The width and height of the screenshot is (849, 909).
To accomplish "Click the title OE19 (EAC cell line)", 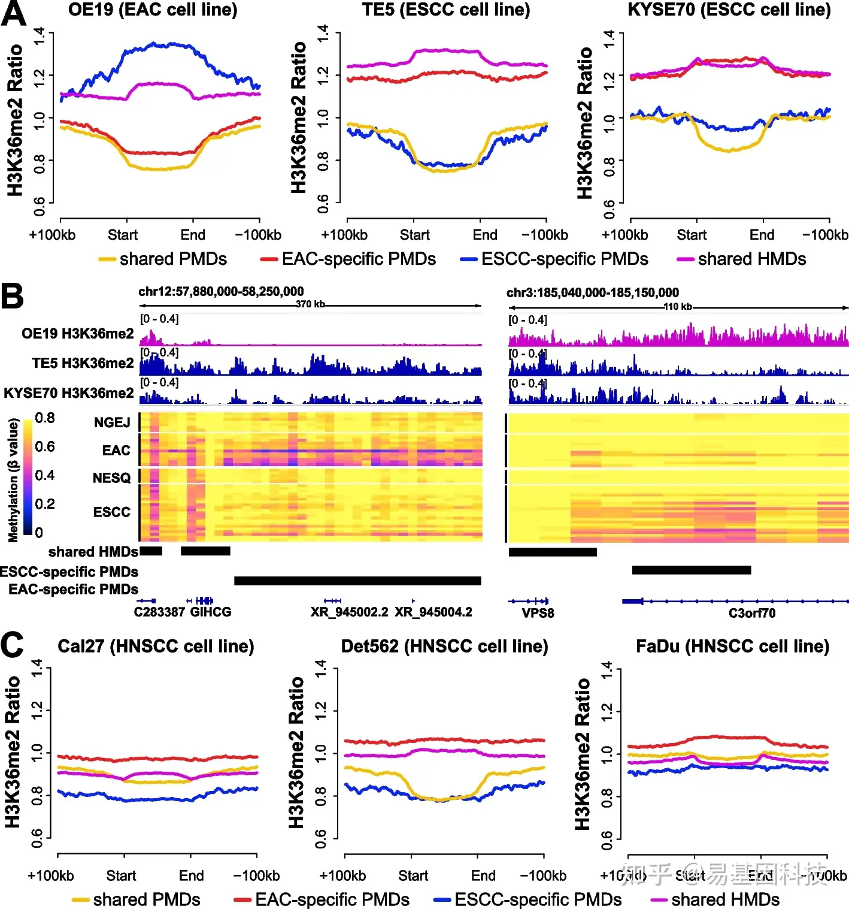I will click(153, 10).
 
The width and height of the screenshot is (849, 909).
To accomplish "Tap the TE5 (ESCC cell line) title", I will click(446, 10).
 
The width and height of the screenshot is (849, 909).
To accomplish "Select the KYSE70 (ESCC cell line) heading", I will click(729, 10).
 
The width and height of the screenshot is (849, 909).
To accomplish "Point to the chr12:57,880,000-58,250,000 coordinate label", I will click(221, 292).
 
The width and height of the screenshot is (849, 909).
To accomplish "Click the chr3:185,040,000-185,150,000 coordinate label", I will click(592, 292).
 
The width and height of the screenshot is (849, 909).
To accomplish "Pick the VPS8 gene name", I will click(538, 613).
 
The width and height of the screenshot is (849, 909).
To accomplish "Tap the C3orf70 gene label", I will click(751, 613).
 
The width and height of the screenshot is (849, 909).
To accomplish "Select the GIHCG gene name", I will click(210, 612).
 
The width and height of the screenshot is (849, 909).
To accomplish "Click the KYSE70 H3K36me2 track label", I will click(69, 393).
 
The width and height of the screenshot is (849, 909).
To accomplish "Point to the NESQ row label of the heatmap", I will click(111, 478).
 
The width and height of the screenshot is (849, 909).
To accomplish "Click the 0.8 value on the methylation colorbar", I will click(45, 418).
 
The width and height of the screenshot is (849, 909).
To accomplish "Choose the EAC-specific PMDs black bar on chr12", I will click(357, 581).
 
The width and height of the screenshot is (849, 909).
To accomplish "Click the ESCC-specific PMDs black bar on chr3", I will click(692, 570).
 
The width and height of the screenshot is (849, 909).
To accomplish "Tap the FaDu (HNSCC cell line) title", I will click(732, 647).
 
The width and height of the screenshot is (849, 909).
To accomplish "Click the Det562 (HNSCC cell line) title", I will click(444, 646).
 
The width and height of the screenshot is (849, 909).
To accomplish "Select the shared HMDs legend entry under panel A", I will click(751, 259).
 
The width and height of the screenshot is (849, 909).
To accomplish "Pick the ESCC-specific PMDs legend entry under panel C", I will click(538, 899).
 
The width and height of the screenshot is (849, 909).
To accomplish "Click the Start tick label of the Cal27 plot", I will click(121, 875).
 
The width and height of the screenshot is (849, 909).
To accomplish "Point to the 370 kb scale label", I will click(310, 304).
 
